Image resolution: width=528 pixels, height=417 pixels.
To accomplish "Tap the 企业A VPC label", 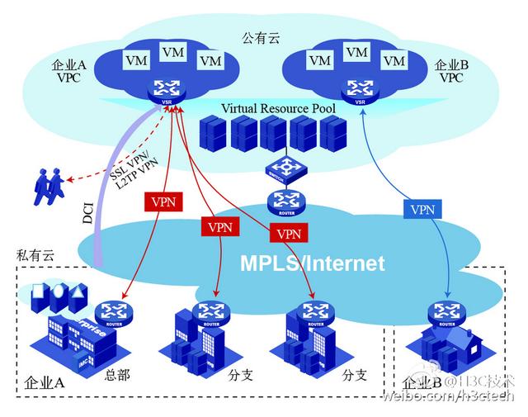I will [x=67, y=72].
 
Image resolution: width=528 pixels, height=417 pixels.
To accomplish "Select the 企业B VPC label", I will [x=451, y=72].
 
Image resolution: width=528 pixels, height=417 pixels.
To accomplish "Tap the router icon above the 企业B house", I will [x=447, y=313].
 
